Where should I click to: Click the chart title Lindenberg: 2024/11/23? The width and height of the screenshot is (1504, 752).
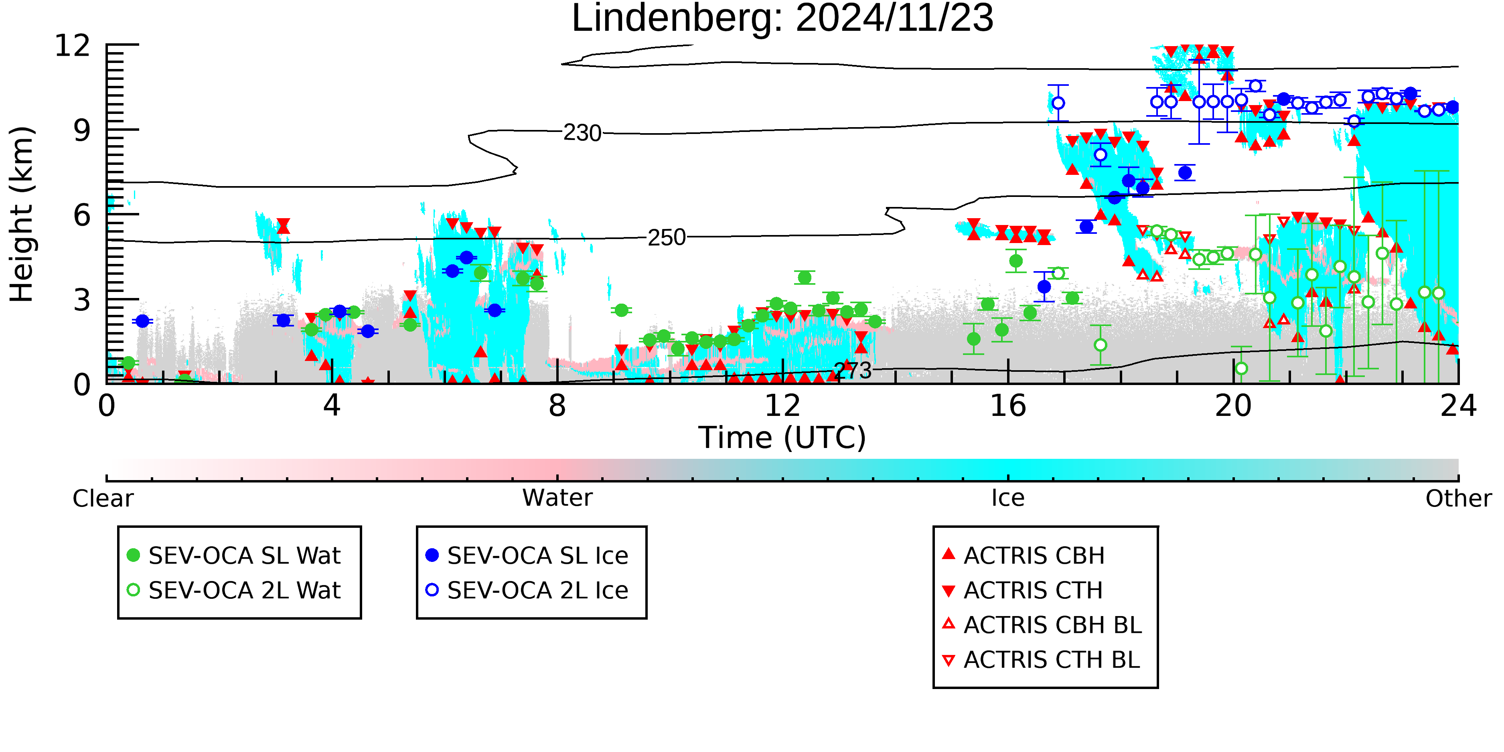[782, 19]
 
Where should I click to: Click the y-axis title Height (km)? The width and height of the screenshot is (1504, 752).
[22, 214]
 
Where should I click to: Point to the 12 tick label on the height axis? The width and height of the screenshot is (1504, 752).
[73, 45]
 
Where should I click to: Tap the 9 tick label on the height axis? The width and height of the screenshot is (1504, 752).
[82, 130]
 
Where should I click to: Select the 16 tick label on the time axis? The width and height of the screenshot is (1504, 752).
[1008, 406]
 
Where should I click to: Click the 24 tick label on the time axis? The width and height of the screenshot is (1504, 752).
[1458, 406]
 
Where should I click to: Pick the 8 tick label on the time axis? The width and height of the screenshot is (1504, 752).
[557, 406]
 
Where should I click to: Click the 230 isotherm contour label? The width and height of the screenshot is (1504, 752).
[582, 133]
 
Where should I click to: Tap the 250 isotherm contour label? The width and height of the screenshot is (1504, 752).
[667, 237]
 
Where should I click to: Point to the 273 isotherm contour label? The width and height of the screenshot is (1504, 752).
[853, 370]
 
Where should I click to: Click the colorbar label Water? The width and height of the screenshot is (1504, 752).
[557, 498]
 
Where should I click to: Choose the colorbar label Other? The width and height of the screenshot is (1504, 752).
[1458, 499]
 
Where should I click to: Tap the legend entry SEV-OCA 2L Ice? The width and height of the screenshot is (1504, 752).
[528, 590]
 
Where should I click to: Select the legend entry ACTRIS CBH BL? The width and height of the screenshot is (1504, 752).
[1042, 625]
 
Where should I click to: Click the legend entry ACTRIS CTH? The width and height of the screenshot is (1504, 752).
[1022, 590]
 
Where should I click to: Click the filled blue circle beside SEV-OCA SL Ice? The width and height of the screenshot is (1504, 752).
[432, 555]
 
